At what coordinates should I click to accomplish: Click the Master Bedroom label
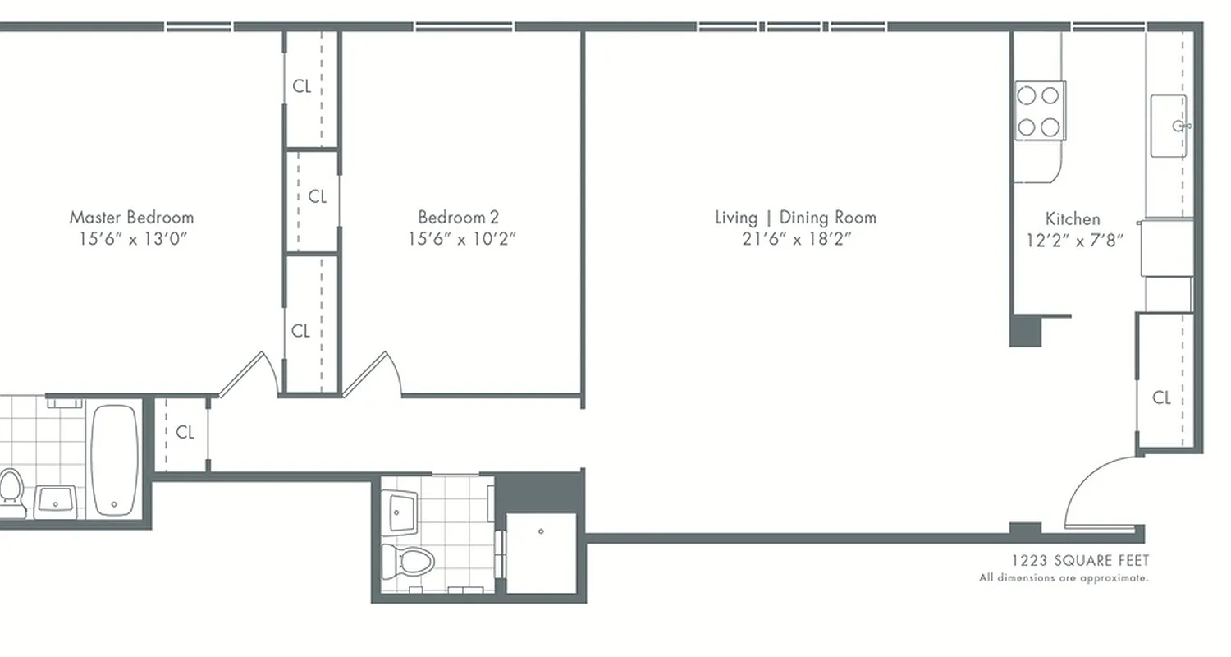point(131,218)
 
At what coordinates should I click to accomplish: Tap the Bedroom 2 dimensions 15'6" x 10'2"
point(462,239)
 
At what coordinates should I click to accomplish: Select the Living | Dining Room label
point(795,218)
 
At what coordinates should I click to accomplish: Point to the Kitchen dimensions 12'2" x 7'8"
point(1074,240)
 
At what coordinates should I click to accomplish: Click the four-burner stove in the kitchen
point(1039,111)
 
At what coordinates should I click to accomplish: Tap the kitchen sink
point(1169,126)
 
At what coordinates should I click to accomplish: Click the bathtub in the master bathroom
point(114,460)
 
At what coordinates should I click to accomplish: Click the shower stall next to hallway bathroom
point(541,552)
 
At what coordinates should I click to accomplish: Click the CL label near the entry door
point(1161,398)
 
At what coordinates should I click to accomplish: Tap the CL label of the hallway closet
point(185,432)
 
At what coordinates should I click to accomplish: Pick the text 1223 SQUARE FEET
point(1080,561)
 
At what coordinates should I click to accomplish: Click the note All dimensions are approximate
point(1064,578)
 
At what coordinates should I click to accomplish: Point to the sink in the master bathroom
point(56,500)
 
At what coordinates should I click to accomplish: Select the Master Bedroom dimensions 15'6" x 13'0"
point(131,239)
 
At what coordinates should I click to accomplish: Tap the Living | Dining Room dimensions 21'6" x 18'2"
point(795,239)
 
